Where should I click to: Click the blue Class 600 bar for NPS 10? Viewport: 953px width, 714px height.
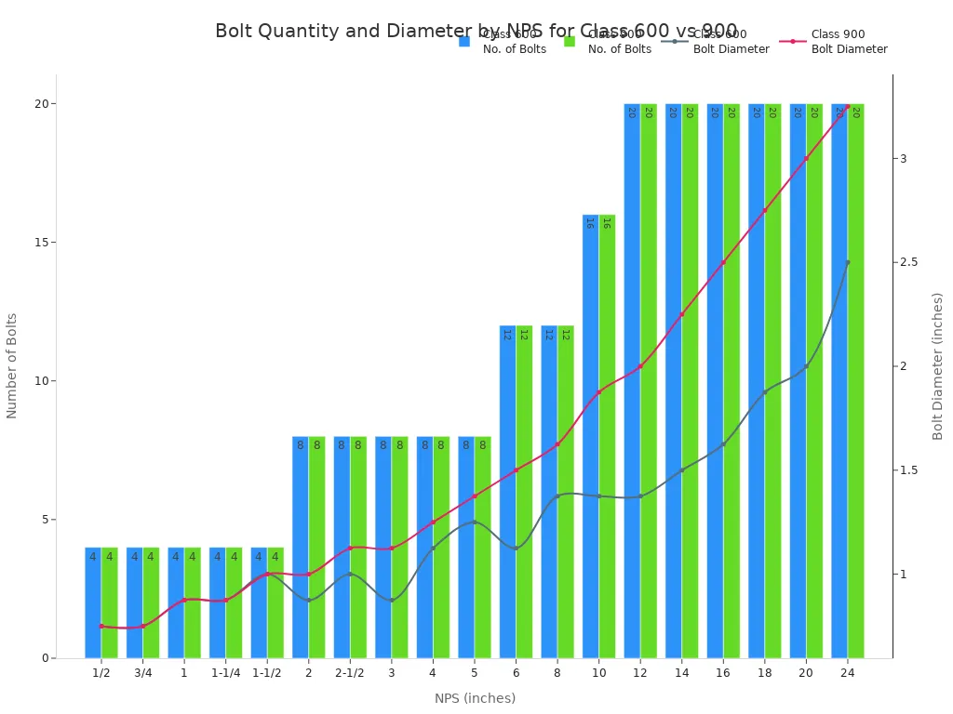[x=590, y=437]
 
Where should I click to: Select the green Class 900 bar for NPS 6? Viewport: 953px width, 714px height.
[x=524, y=493]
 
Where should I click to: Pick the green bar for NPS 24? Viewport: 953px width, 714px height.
[x=855, y=381]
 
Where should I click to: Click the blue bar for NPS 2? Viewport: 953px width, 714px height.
[x=300, y=548]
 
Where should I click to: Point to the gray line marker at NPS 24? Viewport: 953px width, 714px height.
[x=847, y=262]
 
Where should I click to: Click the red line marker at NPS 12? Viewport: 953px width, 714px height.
[x=640, y=366]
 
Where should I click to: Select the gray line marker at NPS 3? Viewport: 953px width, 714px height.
[x=391, y=600]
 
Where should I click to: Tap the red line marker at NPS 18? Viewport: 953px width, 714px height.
[x=764, y=210]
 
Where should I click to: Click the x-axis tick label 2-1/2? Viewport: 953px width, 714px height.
[x=350, y=673]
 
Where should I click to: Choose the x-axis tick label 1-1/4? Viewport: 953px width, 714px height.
[x=225, y=673]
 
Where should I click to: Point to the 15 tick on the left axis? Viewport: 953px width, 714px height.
[x=40, y=242]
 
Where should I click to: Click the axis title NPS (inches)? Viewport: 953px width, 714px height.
[x=475, y=698]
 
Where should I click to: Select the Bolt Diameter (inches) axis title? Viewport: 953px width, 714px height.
[x=937, y=366]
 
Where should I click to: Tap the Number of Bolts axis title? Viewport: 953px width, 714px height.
[x=12, y=366]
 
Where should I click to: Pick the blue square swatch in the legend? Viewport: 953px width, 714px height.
[x=464, y=41]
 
